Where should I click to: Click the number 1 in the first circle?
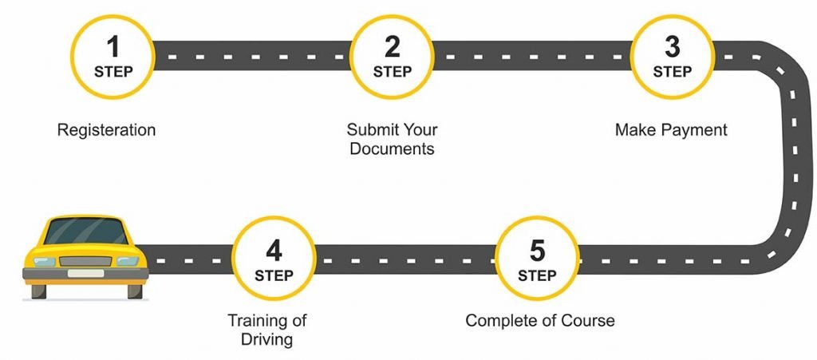pyautogui.click(x=112, y=47)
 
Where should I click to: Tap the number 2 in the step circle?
pyautogui.click(x=392, y=47)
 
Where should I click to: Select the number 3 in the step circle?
pyautogui.click(x=672, y=47)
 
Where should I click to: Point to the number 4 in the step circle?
pyautogui.click(x=274, y=251)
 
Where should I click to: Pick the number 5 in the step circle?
pyautogui.click(x=537, y=251)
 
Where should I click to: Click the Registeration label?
pyautogui.click(x=106, y=130)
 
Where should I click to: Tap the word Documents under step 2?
pyautogui.click(x=392, y=148)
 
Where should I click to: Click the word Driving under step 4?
pyautogui.click(x=266, y=340)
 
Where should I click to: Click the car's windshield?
pyautogui.click(x=86, y=231)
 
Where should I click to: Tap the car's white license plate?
pyautogui.click(x=85, y=273)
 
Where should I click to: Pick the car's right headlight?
pyautogui.click(x=128, y=261)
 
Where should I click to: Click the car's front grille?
pyautogui.click(x=85, y=261)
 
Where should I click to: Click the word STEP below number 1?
pyautogui.click(x=113, y=71)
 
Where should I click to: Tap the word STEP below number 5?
pyautogui.click(x=537, y=275)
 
